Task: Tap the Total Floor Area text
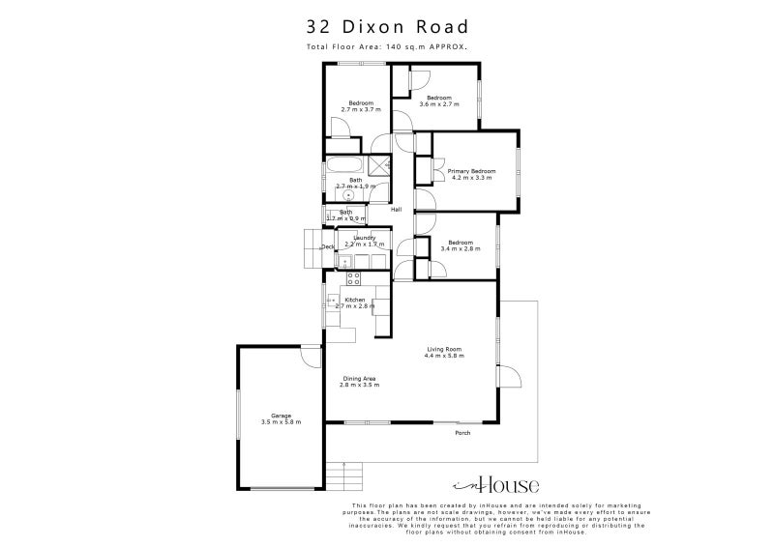click(387, 46)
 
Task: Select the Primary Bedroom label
click(471, 171)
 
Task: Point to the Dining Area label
click(358, 378)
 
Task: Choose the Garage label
click(282, 416)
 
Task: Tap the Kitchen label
click(355, 300)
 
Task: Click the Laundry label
click(364, 238)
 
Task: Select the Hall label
click(396, 210)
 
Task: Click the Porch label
click(462, 432)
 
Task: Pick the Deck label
click(328, 247)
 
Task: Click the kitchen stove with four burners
click(353, 278)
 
